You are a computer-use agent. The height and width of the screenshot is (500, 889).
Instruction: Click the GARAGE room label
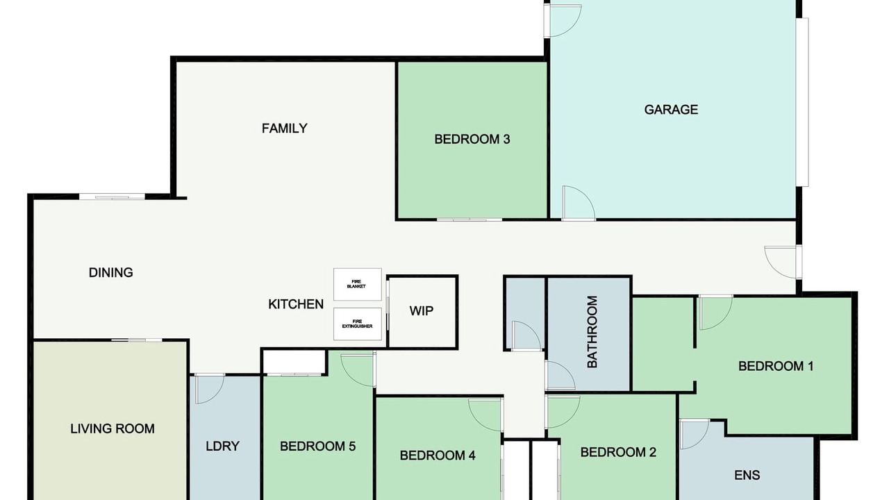[x=671, y=110]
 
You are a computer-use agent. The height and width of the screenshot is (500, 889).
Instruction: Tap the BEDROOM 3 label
[x=472, y=140]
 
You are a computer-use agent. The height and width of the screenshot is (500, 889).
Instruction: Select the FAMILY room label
[x=285, y=128]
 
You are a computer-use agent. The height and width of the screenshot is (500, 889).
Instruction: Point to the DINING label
[x=110, y=273]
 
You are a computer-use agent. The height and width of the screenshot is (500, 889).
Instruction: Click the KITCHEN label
[x=296, y=304]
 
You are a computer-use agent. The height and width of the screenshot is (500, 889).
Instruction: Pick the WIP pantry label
[x=421, y=310]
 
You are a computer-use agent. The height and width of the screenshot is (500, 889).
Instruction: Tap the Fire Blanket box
[x=357, y=284]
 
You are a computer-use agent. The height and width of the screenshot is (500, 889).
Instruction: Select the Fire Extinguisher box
[x=357, y=324]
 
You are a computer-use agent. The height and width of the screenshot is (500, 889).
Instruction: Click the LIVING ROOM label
[x=113, y=428]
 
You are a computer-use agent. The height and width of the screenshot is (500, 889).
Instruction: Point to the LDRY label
[x=222, y=446]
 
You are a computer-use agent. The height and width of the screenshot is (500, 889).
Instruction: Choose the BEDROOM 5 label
[x=317, y=446]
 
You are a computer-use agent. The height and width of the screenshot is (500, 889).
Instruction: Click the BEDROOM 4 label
[x=438, y=455]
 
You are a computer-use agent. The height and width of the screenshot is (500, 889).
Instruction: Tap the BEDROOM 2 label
[x=618, y=452]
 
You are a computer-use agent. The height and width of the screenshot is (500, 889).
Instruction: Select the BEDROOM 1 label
[x=776, y=366]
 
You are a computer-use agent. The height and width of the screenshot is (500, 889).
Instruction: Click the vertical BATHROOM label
[x=592, y=332]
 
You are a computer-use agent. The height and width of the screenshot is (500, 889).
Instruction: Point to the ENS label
[x=747, y=475]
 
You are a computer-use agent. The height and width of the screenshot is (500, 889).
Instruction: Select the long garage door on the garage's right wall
[x=802, y=102]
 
